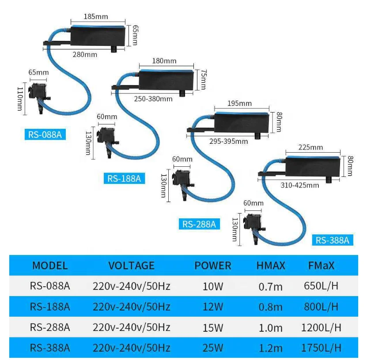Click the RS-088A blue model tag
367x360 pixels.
(45, 135)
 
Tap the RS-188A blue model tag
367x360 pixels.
(124, 179)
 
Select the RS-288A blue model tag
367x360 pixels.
(199, 224)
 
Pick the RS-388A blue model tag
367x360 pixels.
(333, 240)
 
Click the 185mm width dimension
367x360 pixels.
(95, 17)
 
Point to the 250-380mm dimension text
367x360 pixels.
(153, 99)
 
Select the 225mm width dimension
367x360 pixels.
(310, 147)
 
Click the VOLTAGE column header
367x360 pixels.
(132, 266)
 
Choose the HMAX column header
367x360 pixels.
(271, 266)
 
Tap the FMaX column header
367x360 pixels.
(322, 266)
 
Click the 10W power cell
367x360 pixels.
(213, 286)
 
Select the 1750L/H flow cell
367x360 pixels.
(321, 348)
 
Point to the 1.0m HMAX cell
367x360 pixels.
(271, 327)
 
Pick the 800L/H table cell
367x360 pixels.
(321, 307)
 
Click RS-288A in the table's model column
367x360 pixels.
(50, 327)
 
